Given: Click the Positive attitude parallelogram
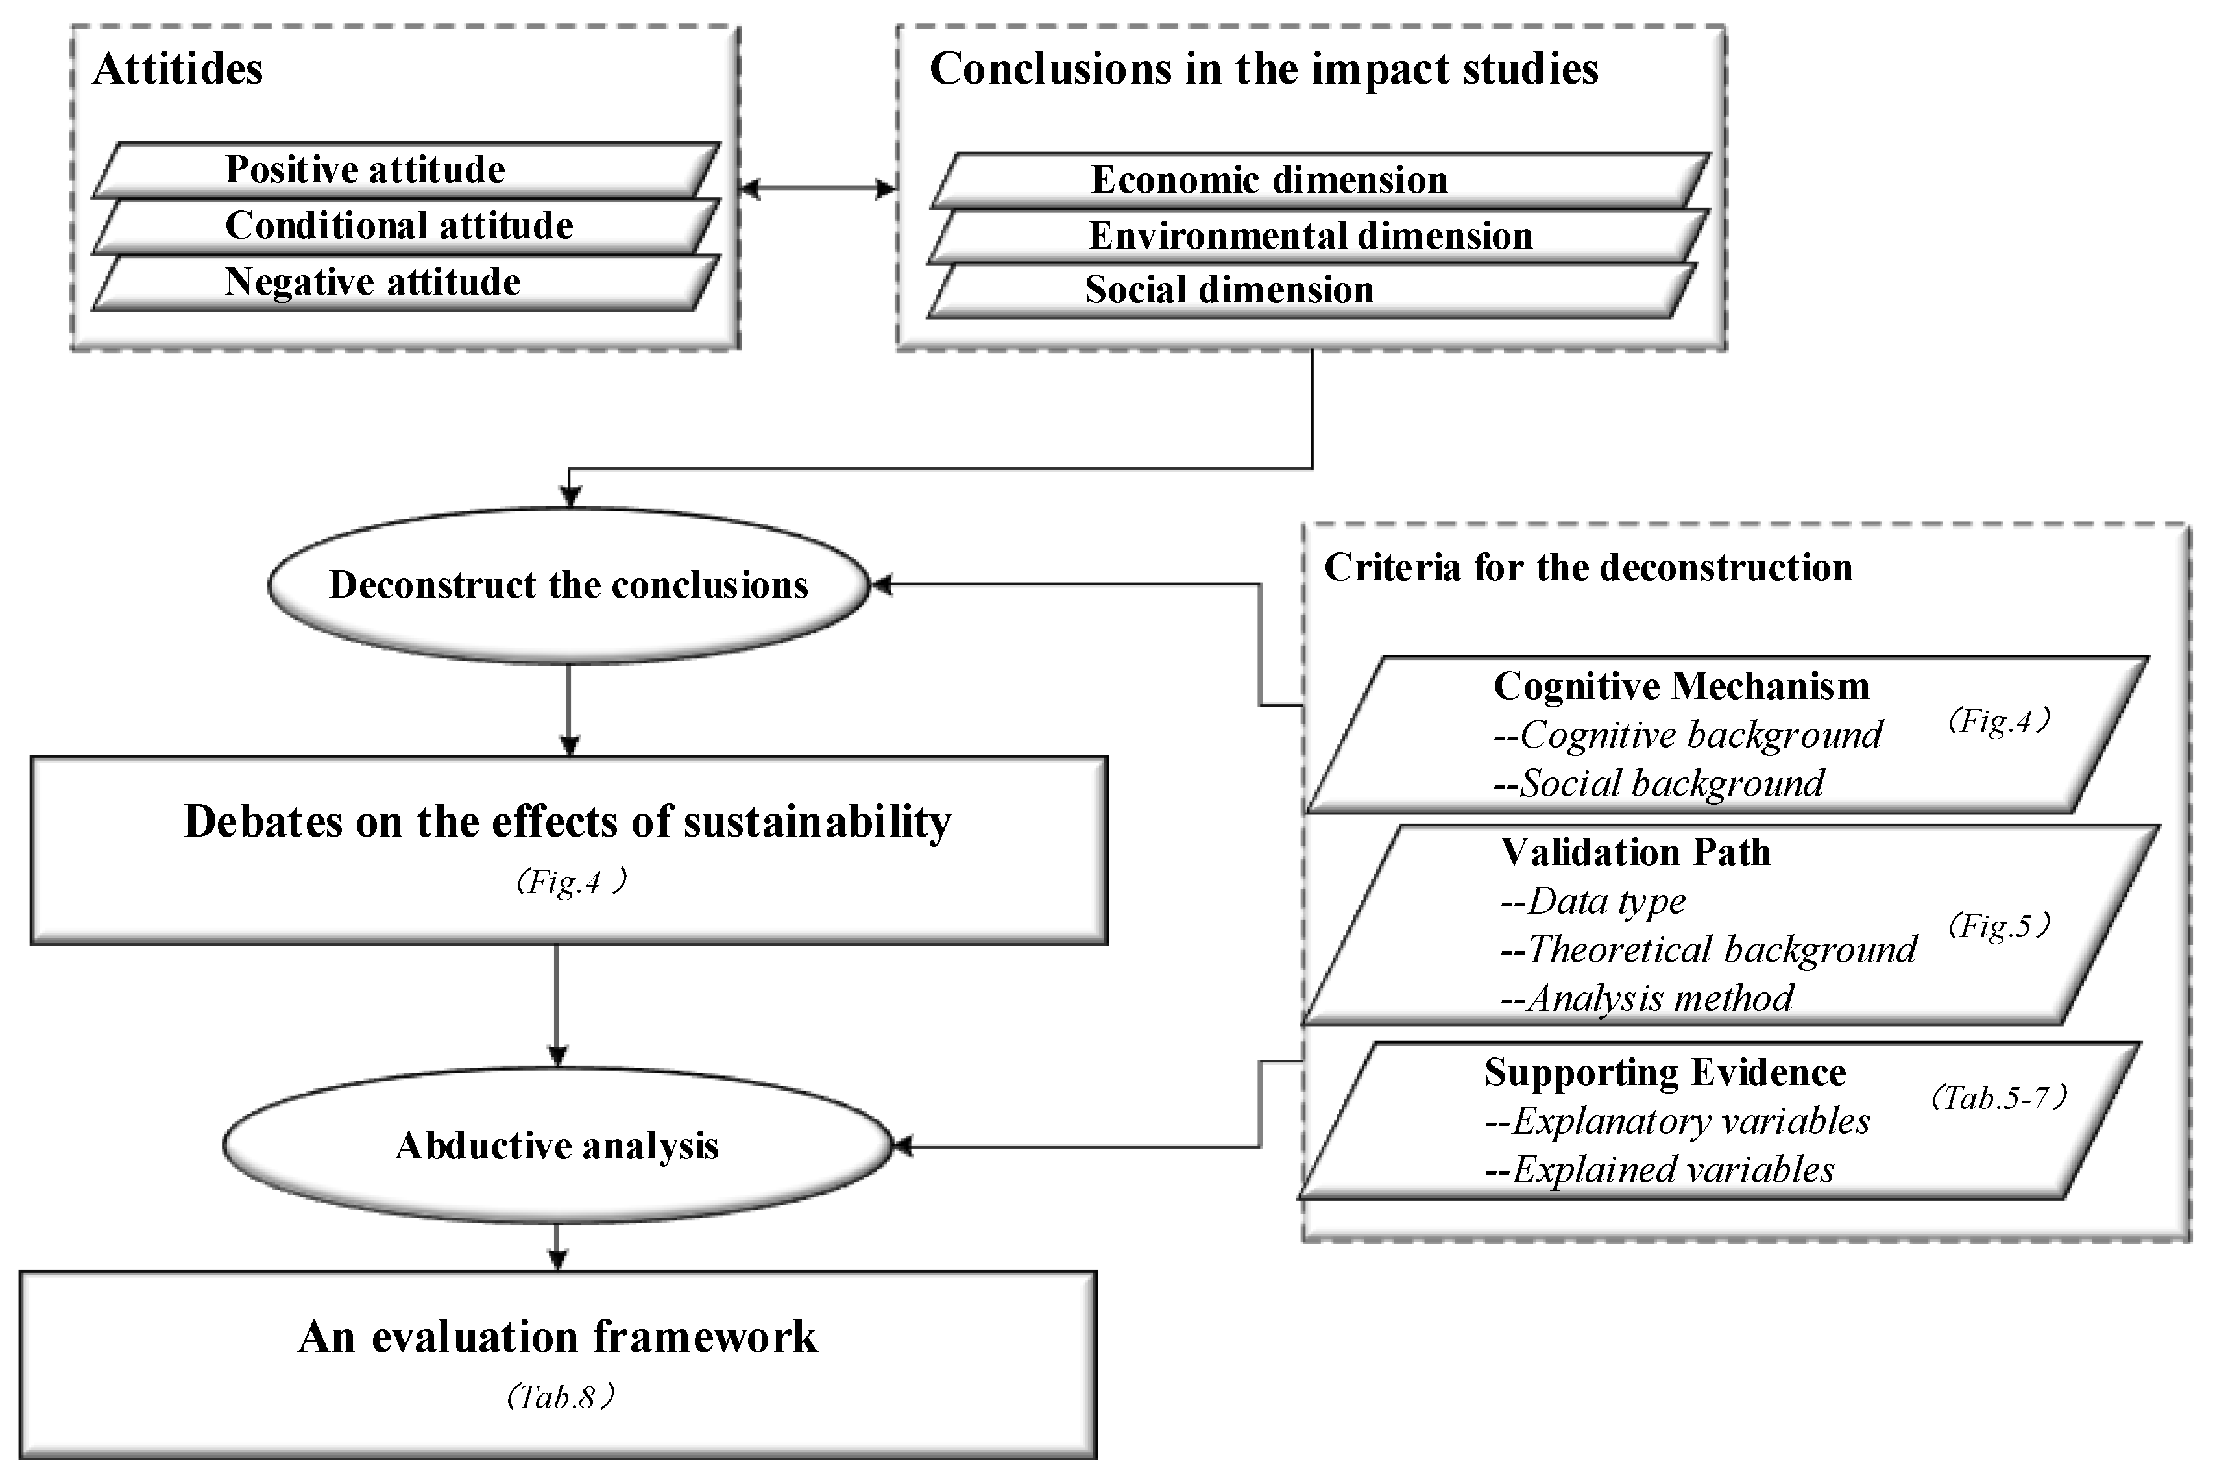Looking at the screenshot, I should [406, 170].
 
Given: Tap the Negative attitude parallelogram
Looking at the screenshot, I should [406, 282].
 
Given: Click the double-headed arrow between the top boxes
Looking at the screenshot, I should [817, 189].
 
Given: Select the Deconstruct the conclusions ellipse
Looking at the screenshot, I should [568, 585].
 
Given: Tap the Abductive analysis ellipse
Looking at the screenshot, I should [557, 1145].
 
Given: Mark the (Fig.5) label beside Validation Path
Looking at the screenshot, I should [1999, 925].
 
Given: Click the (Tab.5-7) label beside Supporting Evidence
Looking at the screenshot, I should [1999, 1097].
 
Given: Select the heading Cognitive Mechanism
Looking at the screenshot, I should [1680, 687].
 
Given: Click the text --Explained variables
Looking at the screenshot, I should [1660, 1170].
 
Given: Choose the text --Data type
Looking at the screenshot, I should [1593, 901].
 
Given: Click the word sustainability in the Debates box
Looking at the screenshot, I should [817, 822].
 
